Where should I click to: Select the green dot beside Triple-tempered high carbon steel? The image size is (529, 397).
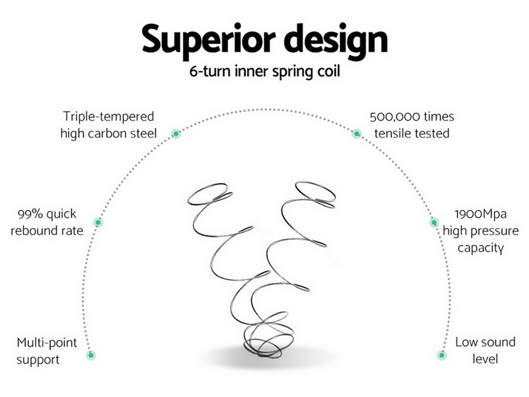[176, 134]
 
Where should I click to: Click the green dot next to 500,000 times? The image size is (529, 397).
[356, 134]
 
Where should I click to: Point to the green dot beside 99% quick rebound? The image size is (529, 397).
[98, 222]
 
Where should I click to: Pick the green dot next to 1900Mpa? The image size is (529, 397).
[434, 222]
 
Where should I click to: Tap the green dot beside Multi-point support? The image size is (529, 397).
[91, 355]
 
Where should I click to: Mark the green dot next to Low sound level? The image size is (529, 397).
[442, 355]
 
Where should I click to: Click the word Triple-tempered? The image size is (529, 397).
[108, 117]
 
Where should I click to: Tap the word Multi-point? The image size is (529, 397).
[46, 343]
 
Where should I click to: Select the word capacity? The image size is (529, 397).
[481, 248]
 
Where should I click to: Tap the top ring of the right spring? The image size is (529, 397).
[315, 192]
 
